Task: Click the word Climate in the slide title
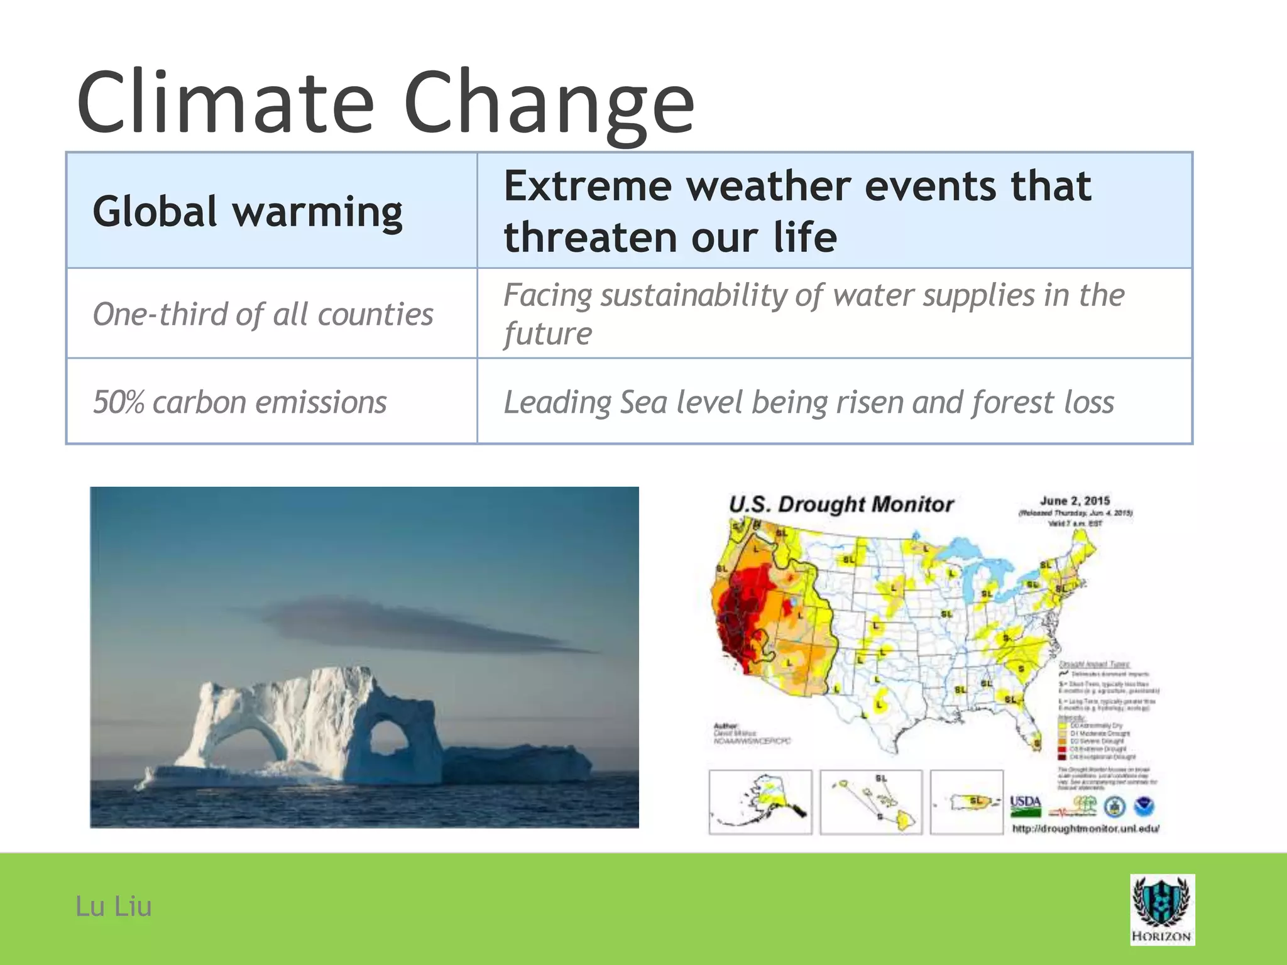tap(225, 102)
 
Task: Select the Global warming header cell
tap(248, 211)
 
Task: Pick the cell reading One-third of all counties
tap(263, 313)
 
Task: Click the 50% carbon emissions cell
tap(239, 402)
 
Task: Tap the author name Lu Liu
tap(113, 907)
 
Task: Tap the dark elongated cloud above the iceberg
tap(402, 622)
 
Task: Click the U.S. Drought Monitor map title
tap(841, 504)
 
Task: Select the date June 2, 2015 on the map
tap(1075, 501)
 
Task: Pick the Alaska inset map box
tap(760, 802)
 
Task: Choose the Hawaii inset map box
tap(871, 802)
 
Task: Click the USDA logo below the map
tap(1025, 805)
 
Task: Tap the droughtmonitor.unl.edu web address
tap(1085, 829)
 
